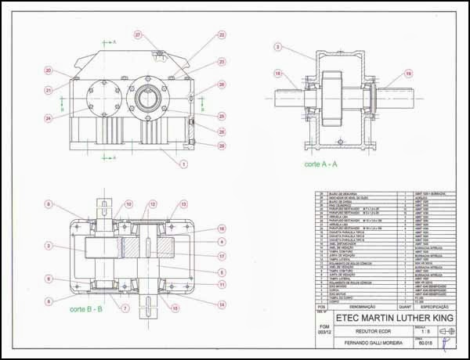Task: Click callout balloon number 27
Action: click(x=137, y=35)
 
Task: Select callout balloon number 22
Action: click(x=222, y=35)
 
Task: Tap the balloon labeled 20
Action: click(x=48, y=71)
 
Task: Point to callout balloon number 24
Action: click(x=48, y=119)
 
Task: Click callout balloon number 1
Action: click(x=183, y=164)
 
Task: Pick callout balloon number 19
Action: click(x=408, y=74)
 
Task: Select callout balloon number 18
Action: click(x=277, y=74)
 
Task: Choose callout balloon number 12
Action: click(x=154, y=204)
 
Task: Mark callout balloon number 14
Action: click(x=222, y=304)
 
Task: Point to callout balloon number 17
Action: click(x=222, y=256)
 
